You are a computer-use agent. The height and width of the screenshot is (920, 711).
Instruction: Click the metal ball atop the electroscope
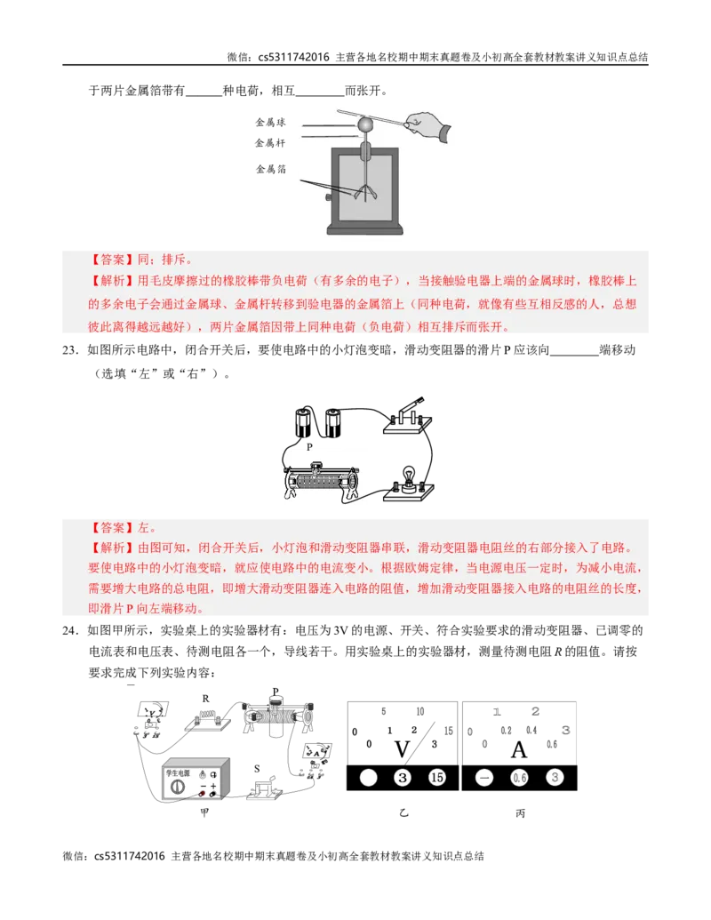click(364, 126)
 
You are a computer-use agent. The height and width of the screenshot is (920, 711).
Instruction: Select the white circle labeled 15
click(436, 778)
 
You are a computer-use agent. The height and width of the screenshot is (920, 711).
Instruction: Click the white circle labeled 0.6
click(520, 778)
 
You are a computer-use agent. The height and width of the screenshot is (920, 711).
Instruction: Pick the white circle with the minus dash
click(484, 778)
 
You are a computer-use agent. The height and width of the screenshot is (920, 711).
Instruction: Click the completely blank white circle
click(368, 778)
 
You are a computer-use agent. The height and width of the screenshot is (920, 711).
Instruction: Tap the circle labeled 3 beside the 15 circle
click(403, 778)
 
